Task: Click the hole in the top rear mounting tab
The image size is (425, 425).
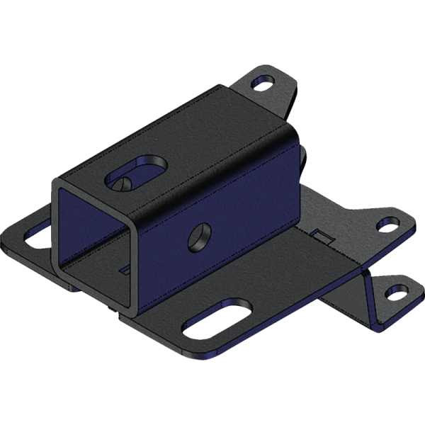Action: click(263, 84)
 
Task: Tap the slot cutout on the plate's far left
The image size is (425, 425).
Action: click(35, 237)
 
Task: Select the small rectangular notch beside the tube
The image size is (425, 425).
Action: click(319, 235)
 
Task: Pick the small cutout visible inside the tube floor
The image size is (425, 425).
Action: click(125, 270)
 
